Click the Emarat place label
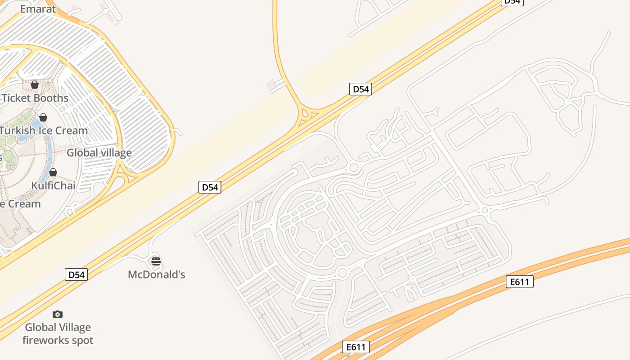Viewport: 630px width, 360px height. (38, 9)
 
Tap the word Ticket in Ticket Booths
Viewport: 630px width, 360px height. (16, 98)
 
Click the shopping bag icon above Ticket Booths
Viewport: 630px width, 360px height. (35, 85)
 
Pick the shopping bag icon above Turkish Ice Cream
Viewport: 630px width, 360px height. (43, 118)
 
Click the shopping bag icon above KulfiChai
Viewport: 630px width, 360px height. (53, 172)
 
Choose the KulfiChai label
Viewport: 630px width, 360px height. (53, 185)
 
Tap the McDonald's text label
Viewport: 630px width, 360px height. (157, 274)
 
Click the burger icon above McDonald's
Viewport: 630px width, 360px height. (156, 261)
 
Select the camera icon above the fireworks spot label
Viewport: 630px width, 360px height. (58, 314)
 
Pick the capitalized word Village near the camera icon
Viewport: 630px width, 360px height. (74, 327)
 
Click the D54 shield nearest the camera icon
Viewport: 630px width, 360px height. (76, 274)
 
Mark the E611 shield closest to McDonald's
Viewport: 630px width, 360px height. (356, 347)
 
